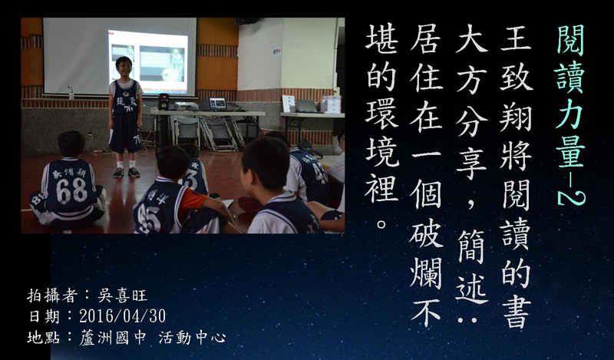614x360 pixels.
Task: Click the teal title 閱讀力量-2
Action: pos(570,115)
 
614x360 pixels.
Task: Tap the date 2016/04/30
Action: pos(123,316)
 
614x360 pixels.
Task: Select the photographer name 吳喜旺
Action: pos(123,296)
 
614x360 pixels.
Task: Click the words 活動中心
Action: pos(192,337)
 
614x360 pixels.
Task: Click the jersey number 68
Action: pos(71,191)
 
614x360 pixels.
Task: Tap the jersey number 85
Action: pos(149,218)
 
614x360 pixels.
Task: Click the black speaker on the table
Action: pos(163,101)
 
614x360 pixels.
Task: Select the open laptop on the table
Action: pos(218,104)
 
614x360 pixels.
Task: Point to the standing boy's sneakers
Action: pos(126,172)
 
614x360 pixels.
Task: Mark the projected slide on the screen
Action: pos(148,62)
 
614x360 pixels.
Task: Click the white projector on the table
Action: pos(186,106)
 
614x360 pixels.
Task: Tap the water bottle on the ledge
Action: pos(71,93)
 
